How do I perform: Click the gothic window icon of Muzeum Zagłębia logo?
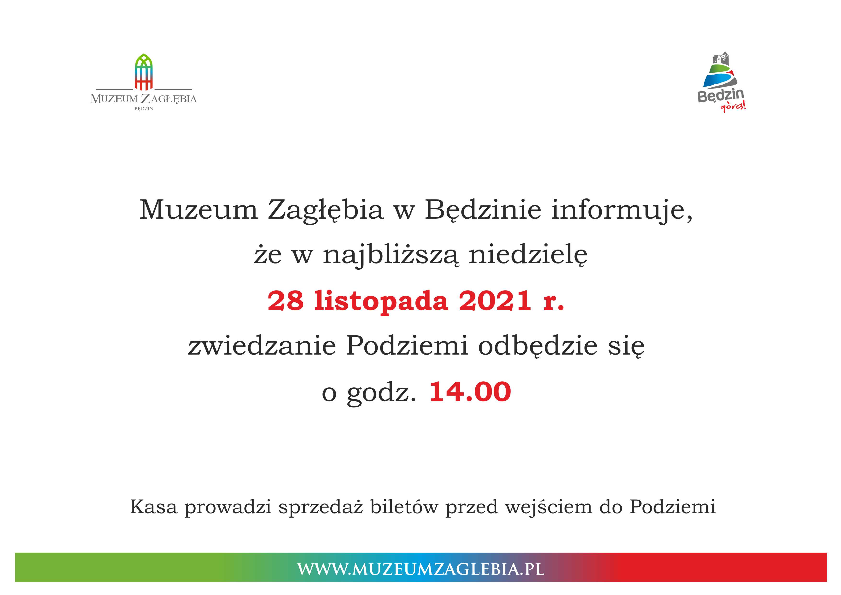144,72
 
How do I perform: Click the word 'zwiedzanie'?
262,345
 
